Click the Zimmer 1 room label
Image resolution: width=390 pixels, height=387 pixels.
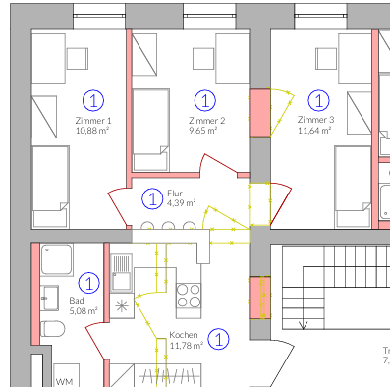93,120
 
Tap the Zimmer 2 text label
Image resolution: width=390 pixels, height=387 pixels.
206,120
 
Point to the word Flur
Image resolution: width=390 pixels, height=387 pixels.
175,193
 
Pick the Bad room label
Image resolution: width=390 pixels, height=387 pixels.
76,302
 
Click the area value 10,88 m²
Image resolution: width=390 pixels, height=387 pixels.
93,130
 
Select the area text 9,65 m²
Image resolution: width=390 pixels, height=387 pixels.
206,130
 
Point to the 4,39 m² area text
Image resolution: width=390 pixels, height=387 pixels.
182,203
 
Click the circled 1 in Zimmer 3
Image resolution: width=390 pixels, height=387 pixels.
317,99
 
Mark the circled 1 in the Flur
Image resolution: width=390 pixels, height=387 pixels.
152,198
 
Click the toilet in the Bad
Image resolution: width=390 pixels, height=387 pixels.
52,328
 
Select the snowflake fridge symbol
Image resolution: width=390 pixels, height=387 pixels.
123,305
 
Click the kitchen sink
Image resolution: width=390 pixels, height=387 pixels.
122,266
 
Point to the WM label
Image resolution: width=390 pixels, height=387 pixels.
65,380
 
